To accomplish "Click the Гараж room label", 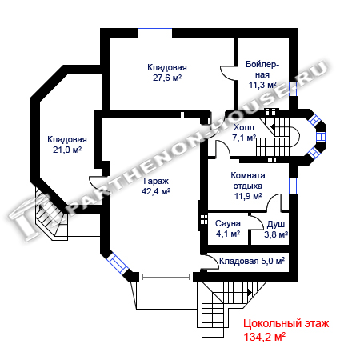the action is (x=156, y=182).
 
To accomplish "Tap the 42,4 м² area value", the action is (x=156, y=191).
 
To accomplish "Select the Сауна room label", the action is (x=228, y=223).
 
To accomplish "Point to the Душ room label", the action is (x=276, y=225).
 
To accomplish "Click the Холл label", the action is (x=244, y=127).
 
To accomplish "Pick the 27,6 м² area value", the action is (x=167, y=78).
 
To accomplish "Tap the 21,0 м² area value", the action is (x=67, y=150).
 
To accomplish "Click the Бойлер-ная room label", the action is (x=262, y=70).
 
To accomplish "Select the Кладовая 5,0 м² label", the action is (x=252, y=261).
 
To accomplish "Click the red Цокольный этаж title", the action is (x=286, y=323).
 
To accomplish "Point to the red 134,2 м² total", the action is (x=264, y=337).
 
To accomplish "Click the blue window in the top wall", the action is (x=154, y=33).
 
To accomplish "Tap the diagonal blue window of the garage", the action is (x=118, y=263).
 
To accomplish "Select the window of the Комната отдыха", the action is (x=294, y=186).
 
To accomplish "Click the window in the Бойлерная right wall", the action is (x=294, y=89).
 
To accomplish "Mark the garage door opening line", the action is (x=166, y=278).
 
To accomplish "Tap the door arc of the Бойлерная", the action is (x=226, y=73).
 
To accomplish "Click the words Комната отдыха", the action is (x=248, y=181).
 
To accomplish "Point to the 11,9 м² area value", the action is (x=248, y=196).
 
